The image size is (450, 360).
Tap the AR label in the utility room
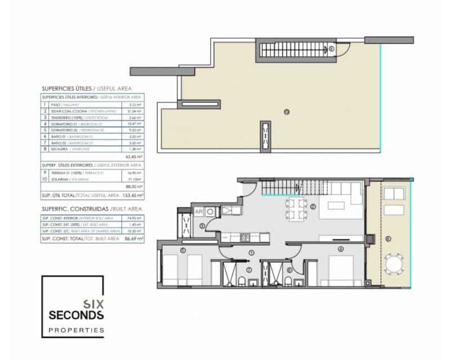click(199, 212)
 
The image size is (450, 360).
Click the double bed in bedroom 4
click(340, 270)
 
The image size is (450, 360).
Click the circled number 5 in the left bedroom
click(183, 250)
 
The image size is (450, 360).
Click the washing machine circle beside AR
click(209, 212)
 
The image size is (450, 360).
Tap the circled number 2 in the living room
click(313, 206)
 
